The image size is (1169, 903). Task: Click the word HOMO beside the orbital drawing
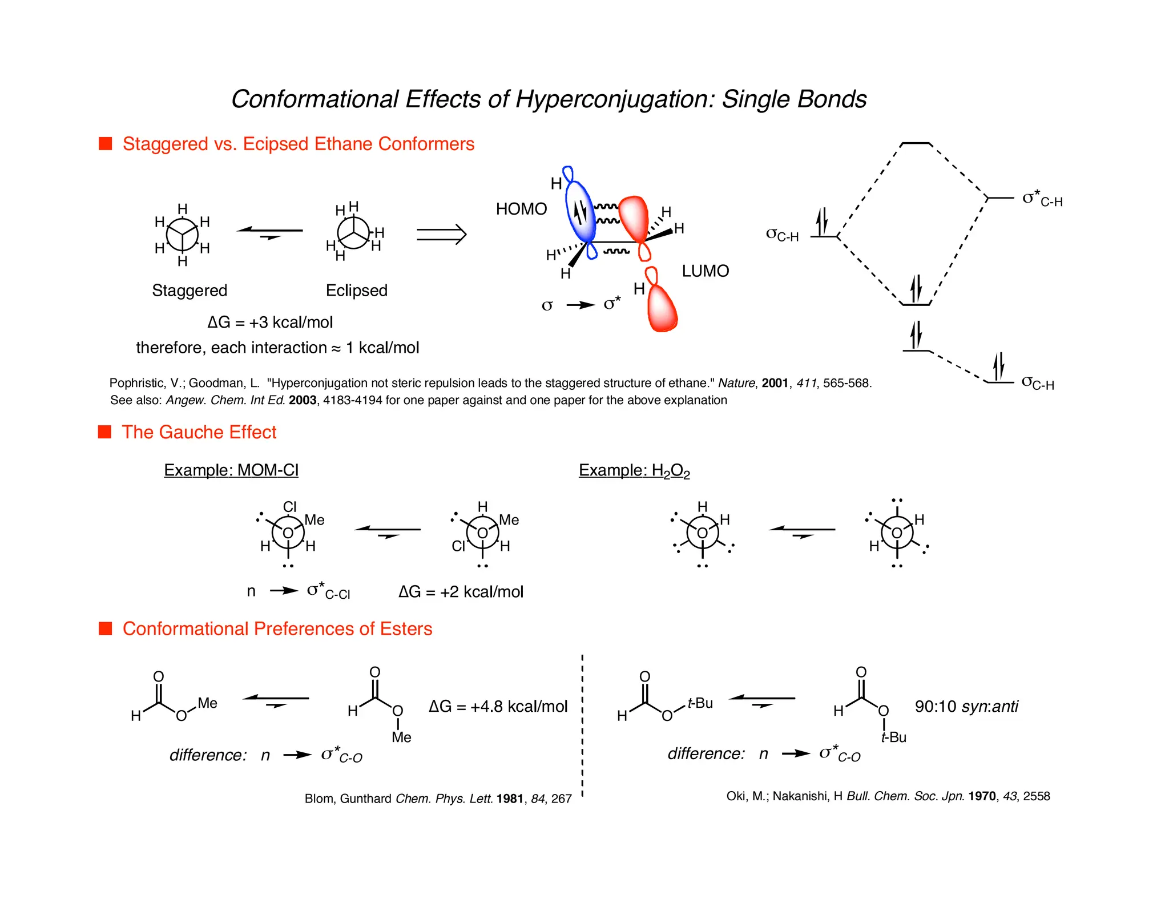521,209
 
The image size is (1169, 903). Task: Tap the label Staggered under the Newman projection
190,291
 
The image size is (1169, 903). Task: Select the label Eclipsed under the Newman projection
356,291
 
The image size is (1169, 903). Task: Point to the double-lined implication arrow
441,234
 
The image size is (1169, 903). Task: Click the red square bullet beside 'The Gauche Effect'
105,432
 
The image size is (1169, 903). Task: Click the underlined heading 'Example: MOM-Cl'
231,470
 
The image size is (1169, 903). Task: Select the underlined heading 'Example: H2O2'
634,471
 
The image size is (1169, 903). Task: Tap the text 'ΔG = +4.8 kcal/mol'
498,707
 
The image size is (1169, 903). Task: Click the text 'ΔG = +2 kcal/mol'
461,592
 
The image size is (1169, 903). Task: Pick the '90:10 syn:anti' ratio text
966,707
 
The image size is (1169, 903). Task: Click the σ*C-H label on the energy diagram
1042,199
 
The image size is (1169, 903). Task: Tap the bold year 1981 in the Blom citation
510,799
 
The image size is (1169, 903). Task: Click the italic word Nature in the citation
736,383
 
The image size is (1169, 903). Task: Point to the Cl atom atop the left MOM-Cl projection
290,507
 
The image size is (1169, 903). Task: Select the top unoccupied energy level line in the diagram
916,143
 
